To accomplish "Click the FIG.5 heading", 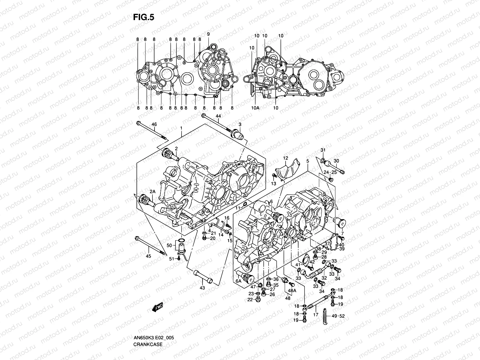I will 143,17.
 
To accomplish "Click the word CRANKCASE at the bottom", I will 148,327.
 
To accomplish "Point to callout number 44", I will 218,116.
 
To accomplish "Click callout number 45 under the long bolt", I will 148,256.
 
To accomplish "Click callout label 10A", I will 255,108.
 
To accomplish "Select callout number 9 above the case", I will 208,34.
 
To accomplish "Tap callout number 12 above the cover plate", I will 285,158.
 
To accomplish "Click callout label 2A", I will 152,191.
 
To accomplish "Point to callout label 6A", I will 238,281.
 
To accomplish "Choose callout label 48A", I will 292,291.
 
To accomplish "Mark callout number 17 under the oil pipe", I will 315,315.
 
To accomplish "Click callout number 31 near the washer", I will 323,150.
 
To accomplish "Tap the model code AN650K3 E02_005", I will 154,321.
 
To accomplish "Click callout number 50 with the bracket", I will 169,245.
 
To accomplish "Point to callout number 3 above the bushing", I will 240,124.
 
